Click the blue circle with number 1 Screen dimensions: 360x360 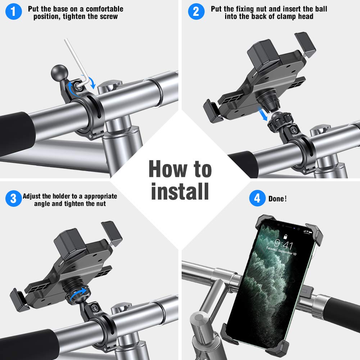[14, 12]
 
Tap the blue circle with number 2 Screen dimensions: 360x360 [196, 12]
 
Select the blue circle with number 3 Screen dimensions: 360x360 [13, 199]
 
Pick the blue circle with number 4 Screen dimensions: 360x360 [257, 199]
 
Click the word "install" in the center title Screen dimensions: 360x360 [180, 191]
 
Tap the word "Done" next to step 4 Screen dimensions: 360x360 [276, 199]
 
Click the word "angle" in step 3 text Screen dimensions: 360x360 [43, 204]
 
